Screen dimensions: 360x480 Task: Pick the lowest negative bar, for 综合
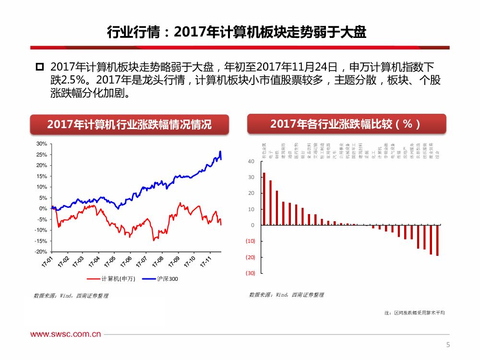coord(437,240)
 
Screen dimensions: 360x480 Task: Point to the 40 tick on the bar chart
coord(252,162)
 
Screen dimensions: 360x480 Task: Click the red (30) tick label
coord(250,273)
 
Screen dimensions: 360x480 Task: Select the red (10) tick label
coord(250,241)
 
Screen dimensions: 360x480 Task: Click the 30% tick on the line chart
coord(41,144)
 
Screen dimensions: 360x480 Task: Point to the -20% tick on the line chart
coord(41,252)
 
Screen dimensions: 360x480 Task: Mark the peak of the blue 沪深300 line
coord(220,152)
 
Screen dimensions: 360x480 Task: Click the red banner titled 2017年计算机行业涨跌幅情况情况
coord(129,124)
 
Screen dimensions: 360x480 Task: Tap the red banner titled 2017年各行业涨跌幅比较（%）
coord(346,124)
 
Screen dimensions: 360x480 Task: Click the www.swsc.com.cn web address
coord(66,335)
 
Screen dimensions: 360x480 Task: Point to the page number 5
coord(448,345)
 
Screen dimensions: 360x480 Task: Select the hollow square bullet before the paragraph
coord(39,66)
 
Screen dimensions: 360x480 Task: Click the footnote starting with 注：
coord(415,313)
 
